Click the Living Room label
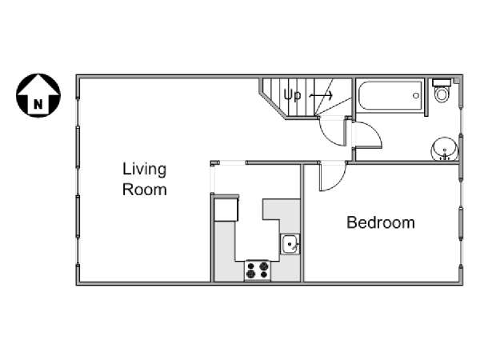(x=145, y=179)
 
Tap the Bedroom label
(x=381, y=222)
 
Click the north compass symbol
(x=38, y=95)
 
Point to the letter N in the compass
(x=38, y=105)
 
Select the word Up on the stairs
(x=292, y=95)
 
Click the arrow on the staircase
(x=321, y=95)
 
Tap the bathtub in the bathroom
(x=390, y=95)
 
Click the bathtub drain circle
(x=415, y=95)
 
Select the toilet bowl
(x=442, y=94)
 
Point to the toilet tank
(x=441, y=82)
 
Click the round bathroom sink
(x=445, y=149)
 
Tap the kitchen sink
(x=290, y=244)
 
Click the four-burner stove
(x=258, y=270)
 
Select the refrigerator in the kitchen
(x=226, y=210)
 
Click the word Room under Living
(x=145, y=190)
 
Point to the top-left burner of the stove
(x=250, y=266)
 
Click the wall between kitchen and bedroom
(x=302, y=223)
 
